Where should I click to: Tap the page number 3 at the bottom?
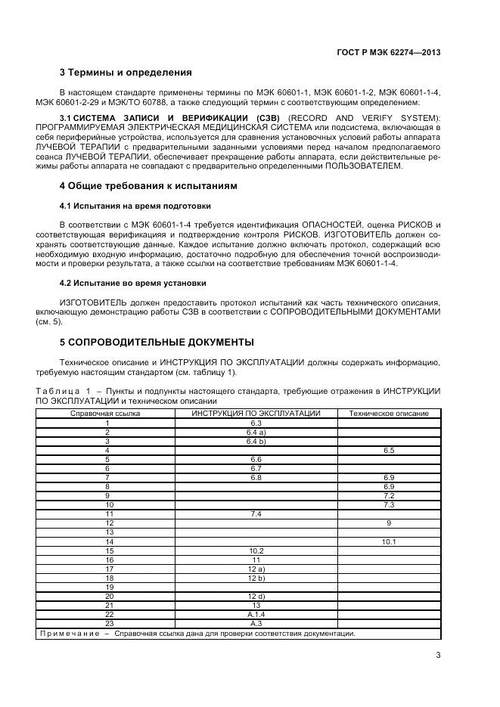tap(438, 656)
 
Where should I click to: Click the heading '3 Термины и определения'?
tap(125, 73)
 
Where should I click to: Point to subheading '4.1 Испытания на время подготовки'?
tap(135, 206)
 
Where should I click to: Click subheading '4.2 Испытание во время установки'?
tap(132, 283)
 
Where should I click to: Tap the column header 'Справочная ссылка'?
tap(105, 414)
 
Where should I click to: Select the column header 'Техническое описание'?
tap(389, 414)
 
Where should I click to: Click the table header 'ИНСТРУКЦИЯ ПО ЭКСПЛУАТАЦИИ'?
tap(256, 414)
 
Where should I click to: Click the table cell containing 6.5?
tap(389, 450)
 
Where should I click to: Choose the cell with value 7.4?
tap(256, 514)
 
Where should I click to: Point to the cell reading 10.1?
tap(389, 541)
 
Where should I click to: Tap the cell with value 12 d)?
tap(256, 596)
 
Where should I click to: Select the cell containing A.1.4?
tap(256, 614)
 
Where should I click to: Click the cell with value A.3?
tap(256, 623)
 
